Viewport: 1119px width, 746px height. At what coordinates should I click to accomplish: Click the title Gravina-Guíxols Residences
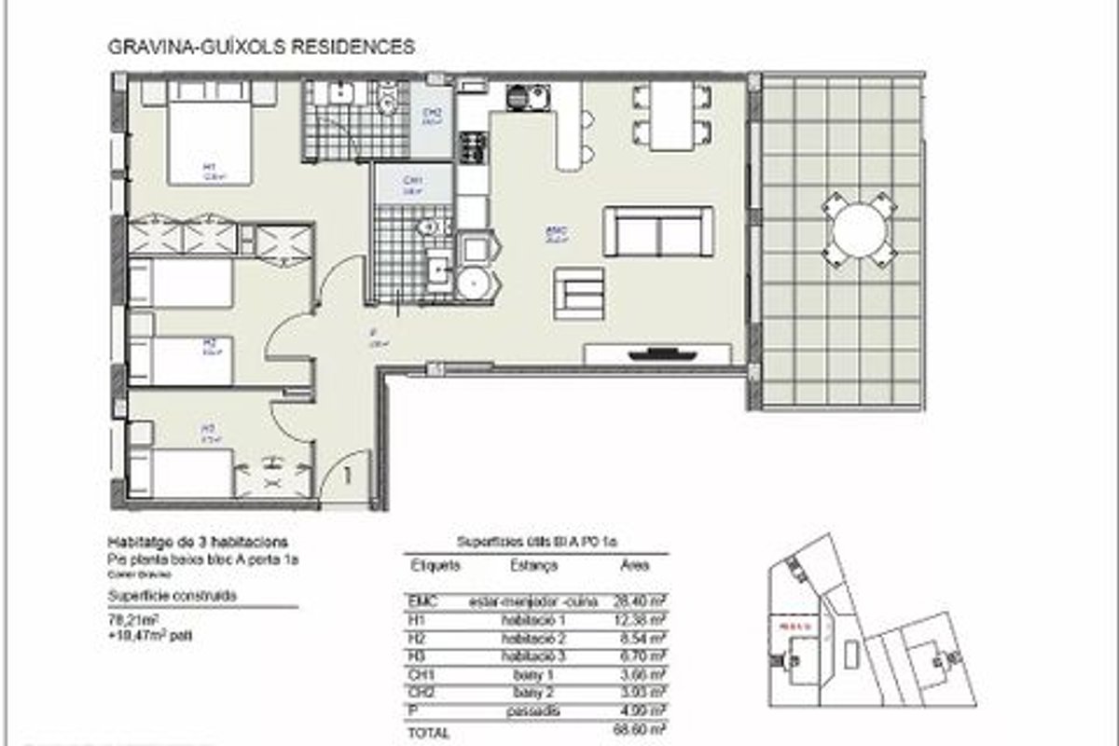pyautogui.click(x=262, y=47)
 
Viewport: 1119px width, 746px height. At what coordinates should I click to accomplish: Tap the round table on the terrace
pyautogui.click(x=858, y=228)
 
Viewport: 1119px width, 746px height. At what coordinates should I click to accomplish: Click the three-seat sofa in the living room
pyautogui.click(x=658, y=231)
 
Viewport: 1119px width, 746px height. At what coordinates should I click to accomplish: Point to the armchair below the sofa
pyautogui.click(x=579, y=294)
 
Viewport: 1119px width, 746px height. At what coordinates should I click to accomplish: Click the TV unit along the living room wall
pyautogui.click(x=657, y=354)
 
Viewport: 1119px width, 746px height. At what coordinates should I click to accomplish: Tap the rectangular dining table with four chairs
pyautogui.click(x=672, y=116)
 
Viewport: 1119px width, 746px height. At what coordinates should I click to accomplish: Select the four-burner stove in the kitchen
pyautogui.click(x=473, y=146)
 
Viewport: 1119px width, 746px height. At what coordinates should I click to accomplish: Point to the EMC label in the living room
pyautogui.click(x=558, y=233)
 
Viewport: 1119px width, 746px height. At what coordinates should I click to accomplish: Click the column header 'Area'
pyautogui.click(x=635, y=565)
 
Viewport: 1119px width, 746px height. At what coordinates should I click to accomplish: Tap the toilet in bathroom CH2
pyautogui.click(x=388, y=96)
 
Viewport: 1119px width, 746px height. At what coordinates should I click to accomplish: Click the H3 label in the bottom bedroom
pyautogui.click(x=210, y=431)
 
